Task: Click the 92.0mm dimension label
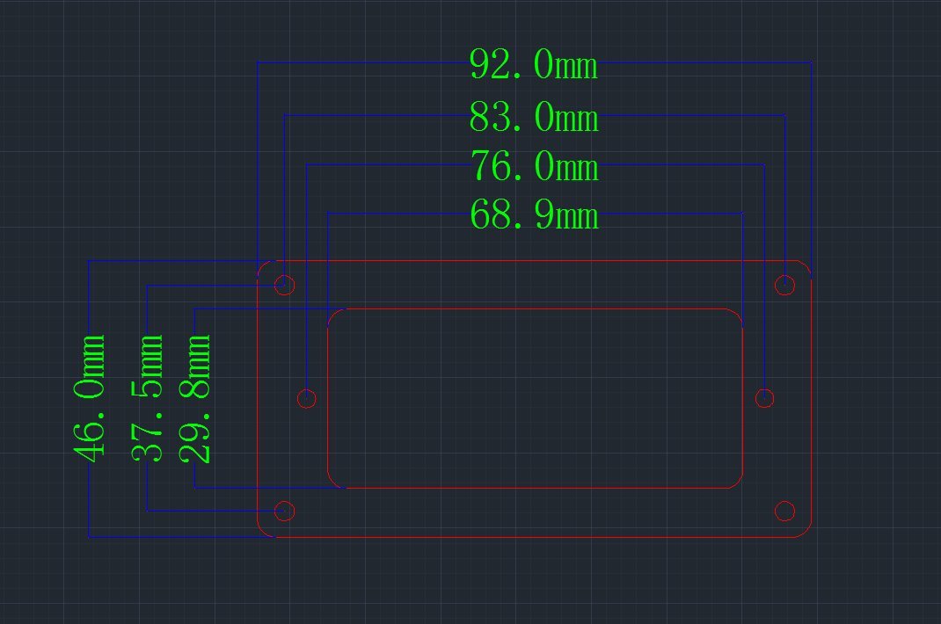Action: click(534, 64)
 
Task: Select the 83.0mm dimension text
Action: click(534, 116)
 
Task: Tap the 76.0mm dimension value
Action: click(534, 165)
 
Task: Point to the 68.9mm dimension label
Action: click(534, 214)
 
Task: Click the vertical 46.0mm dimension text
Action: click(89, 399)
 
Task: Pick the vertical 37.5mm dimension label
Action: click(147, 398)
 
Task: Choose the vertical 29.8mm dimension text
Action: click(194, 399)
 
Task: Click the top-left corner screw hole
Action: click(284, 285)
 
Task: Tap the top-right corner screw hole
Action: click(785, 285)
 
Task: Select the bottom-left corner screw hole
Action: click(284, 512)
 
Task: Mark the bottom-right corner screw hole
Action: click(785, 512)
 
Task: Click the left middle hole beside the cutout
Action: click(307, 398)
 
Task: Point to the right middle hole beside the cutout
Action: click(764, 398)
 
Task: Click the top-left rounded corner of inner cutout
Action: click(333, 315)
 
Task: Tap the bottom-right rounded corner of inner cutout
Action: click(738, 483)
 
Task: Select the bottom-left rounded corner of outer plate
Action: click(263, 532)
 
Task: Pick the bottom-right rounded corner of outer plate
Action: click(806, 532)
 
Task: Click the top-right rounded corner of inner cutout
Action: click(738, 315)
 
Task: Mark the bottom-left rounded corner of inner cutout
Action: click(333, 483)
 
